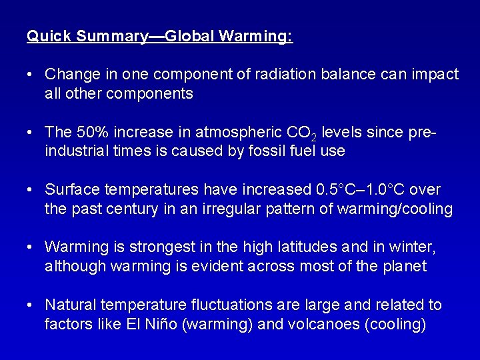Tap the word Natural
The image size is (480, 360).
tap(71, 305)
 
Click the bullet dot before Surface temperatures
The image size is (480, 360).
tap(31, 189)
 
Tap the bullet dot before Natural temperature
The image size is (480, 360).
tap(31, 305)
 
